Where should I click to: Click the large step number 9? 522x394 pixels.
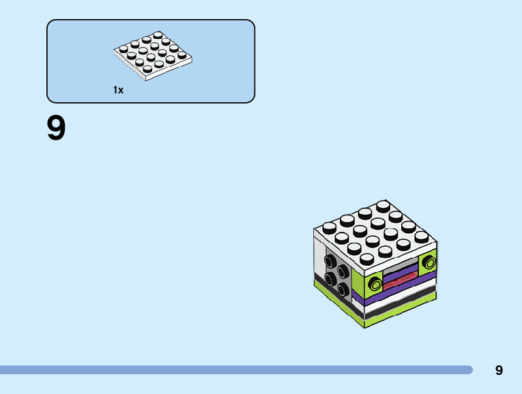tap(56, 129)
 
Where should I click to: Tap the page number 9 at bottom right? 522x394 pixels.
tap(499, 370)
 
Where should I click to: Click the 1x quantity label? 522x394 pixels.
tap(119, 90)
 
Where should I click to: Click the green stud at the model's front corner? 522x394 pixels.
tap(374, 284)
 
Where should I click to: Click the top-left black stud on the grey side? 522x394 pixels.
tap(331, 261)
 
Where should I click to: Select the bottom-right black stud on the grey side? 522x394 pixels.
tap(340, 290)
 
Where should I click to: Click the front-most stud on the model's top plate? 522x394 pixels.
tap(366, 259)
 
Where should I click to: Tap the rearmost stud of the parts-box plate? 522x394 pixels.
tap(158, 35)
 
